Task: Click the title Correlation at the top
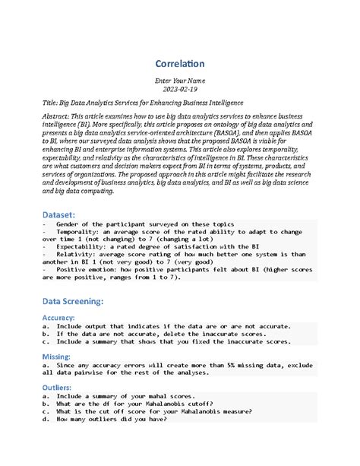pyautogui.click(x=179, y=64)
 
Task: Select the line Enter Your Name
pyautogui.click(x=179, y=79)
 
